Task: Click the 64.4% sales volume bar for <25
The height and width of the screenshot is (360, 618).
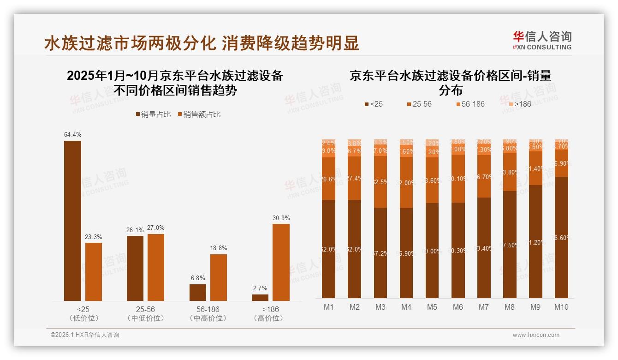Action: coord(72,221)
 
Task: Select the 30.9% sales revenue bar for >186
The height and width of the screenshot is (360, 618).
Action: coord(281,262)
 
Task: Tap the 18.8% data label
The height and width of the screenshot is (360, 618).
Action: coord(218,248)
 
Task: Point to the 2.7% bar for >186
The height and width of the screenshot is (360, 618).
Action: coord(260,298)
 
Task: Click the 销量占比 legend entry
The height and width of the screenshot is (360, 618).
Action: coord(153,114)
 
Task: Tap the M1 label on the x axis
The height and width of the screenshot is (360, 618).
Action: coord(328,307)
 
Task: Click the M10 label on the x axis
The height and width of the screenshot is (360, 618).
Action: coord(561,307)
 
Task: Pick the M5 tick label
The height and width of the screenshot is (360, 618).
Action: coord(432,307)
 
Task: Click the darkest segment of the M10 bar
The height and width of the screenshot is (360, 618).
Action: coord(561,237)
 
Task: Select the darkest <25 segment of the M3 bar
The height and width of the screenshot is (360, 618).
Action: coord(380,253)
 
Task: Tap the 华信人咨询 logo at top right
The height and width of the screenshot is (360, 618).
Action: coord(542,40)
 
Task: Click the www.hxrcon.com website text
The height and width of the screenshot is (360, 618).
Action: coord(536,335)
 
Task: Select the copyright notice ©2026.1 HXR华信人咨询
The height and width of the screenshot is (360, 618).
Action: coord(85,335)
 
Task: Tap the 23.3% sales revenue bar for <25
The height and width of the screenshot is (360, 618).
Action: coord(94,272)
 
